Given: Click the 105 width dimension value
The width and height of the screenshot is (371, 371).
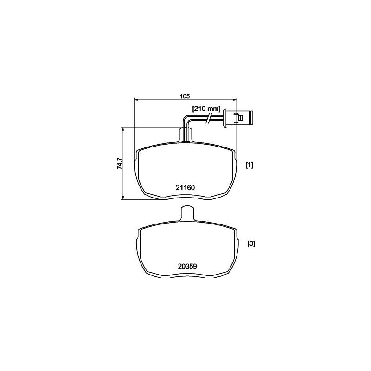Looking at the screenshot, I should [185, 96].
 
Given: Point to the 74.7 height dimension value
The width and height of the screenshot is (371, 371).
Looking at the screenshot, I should [119, 165].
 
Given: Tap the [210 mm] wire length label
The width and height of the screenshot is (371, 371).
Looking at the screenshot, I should [206, 109].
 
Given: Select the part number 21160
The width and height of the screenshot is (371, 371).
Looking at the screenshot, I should [185, 187].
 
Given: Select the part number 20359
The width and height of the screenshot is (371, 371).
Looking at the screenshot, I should [187, 266].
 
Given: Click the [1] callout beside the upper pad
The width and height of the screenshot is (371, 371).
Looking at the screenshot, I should [249, 165].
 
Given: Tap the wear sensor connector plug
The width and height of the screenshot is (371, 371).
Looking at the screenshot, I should [238, 117].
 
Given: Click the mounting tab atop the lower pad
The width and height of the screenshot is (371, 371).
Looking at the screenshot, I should [186, 214].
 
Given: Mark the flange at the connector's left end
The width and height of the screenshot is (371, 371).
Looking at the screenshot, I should [224, 117].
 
